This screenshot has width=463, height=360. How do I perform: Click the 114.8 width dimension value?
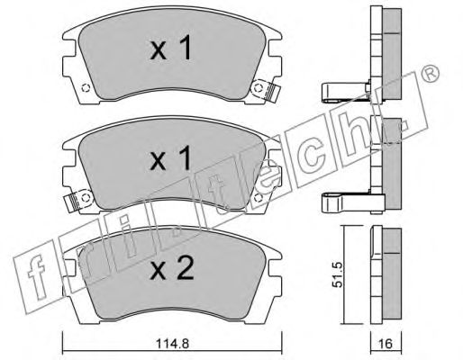pyautogui.click(x=172, y=343)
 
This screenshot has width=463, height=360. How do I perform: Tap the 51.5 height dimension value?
pyautogui.click(x=338, y=274)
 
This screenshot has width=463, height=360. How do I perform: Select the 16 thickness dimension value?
pyautogui.click(x=386, y=344)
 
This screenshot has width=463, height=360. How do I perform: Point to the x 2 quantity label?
pyautogui.click(x=172, y=268)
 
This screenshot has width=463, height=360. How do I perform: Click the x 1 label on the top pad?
pyautogui.click(x=170, y=48)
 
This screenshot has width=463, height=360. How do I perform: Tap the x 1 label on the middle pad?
pyautogui.click(x=170, y=158)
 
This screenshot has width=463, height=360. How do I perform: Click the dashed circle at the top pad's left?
pyautogui.click(x=86, y=88)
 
